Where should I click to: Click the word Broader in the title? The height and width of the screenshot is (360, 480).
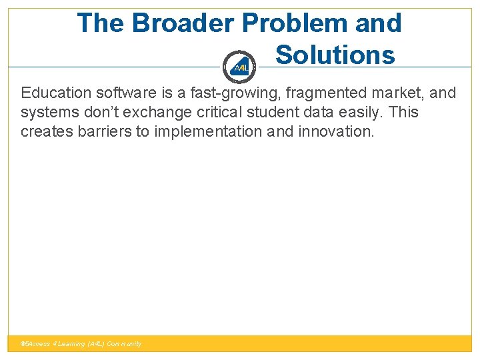183,23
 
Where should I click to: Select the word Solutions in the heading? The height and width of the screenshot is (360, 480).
335,55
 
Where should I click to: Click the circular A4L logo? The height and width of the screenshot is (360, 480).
240,67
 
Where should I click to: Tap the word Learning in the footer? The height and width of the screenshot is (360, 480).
71,344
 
